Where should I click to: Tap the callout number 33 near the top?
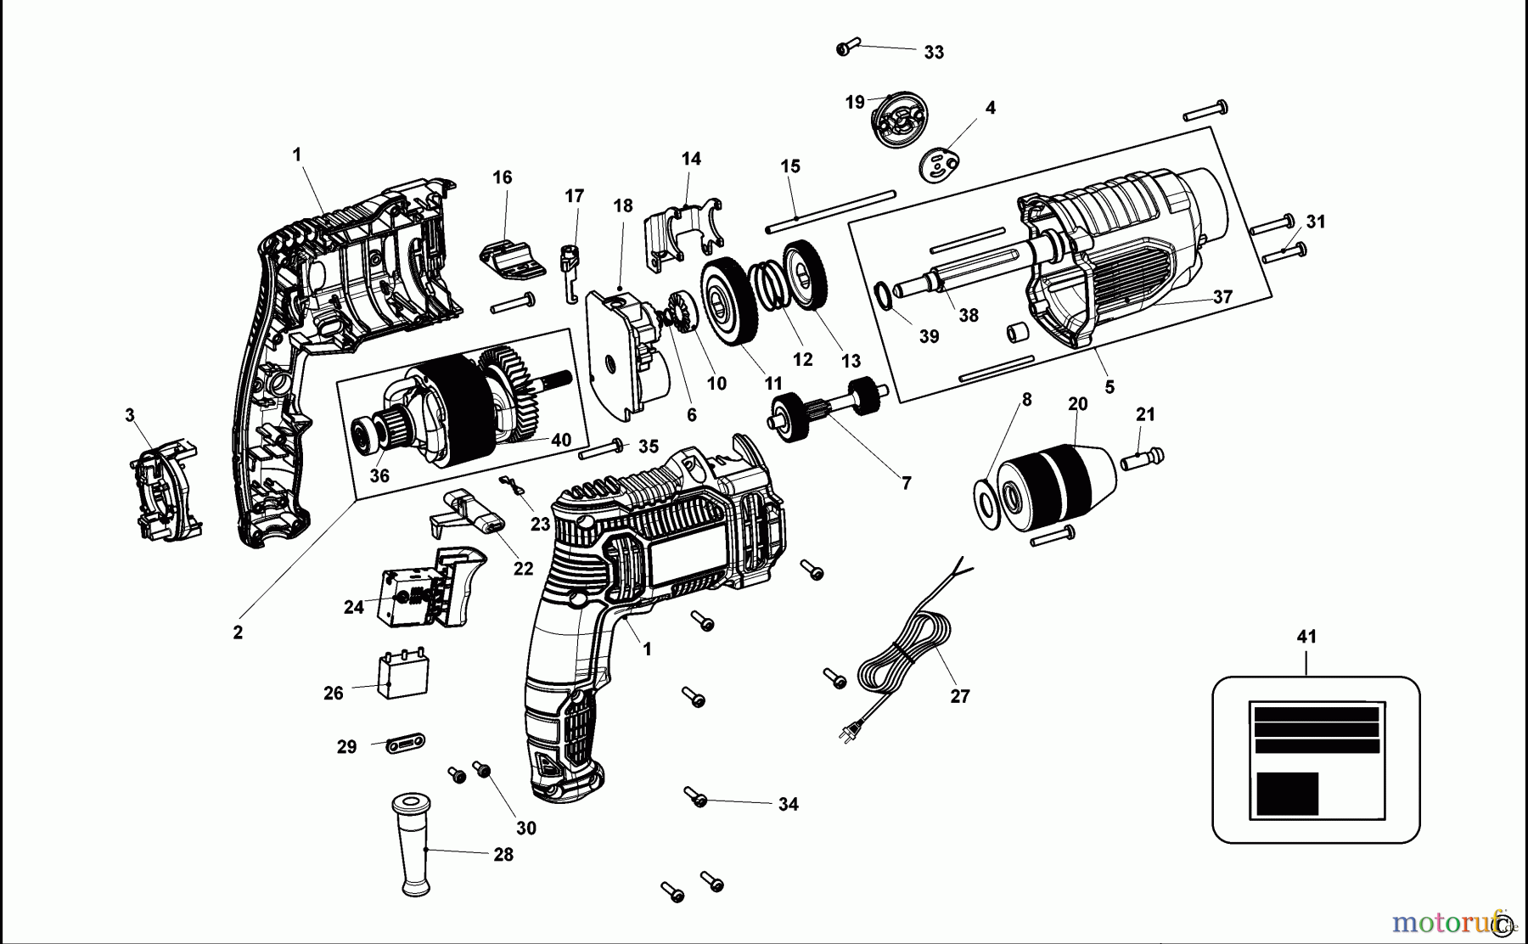934,53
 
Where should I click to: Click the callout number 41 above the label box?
1306,637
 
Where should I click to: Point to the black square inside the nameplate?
1287,793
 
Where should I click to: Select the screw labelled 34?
696,797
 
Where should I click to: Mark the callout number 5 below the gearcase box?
1109,387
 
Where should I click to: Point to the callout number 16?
502,177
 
